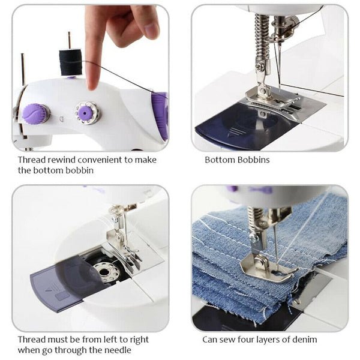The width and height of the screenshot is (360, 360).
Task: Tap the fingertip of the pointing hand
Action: coord(92,84)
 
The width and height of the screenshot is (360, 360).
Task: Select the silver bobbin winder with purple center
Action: coord(87,112)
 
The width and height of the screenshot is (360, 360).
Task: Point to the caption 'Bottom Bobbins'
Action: coord(236,160)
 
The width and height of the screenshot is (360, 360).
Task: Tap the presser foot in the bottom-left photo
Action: coord(123,252)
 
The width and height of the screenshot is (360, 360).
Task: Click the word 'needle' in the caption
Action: coord(116,350)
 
